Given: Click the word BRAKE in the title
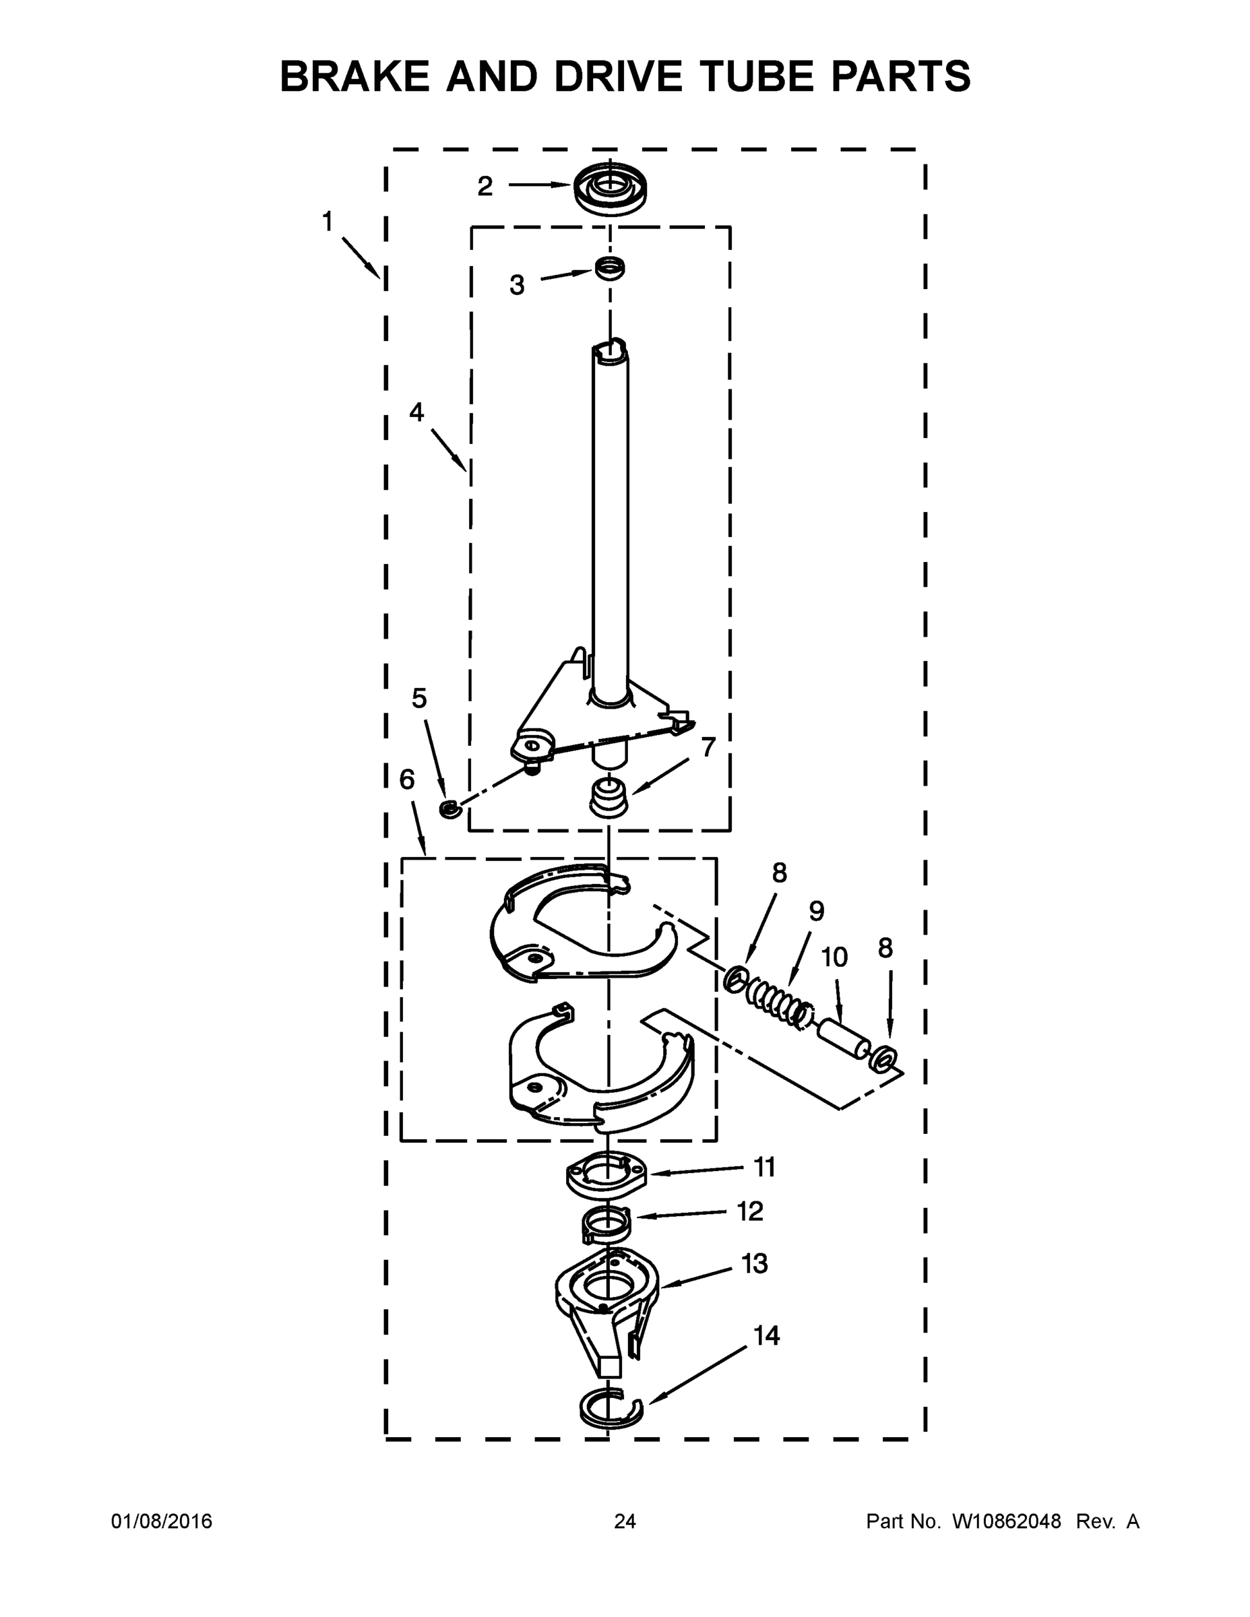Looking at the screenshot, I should point(354,76).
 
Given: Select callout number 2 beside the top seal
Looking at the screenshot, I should point(485,187).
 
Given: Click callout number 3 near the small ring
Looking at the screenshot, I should point(517,285).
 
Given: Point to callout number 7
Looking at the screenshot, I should point(708,748).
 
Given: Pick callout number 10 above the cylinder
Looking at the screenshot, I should point(834,957).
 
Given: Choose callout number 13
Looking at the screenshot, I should point(755,1264).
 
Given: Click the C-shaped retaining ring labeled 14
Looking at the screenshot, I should point(608,1407).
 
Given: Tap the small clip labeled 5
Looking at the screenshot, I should point(449,808).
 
